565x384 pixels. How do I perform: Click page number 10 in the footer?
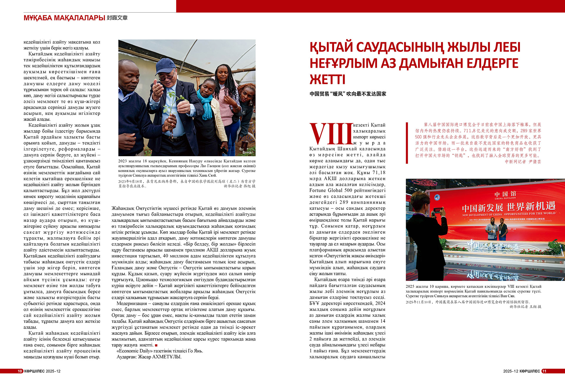click(20, 371)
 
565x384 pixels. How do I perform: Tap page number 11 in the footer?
click(544, 371)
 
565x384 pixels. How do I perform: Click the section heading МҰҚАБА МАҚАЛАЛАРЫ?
click(64, 18)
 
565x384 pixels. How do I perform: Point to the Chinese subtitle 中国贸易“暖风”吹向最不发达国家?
click(348, 94)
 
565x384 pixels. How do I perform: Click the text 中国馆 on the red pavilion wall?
click(505, 194)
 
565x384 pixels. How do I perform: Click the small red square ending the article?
click(156, 345)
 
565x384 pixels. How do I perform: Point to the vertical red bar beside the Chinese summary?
click(407, 143)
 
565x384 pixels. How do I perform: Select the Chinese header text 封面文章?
click(117, 18)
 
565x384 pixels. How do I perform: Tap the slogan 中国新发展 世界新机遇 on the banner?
click(508, 207)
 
